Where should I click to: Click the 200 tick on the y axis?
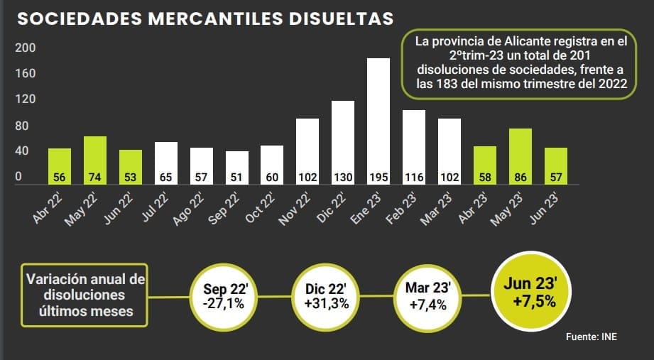pyautogui.click(x=25, y=48)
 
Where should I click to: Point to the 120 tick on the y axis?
pyautogui.click(x=25, y=99)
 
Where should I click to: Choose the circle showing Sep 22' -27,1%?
pyautogui.click(x=224, y=295)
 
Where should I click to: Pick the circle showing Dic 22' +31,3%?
pyautogui.click(x=327, y=295)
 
